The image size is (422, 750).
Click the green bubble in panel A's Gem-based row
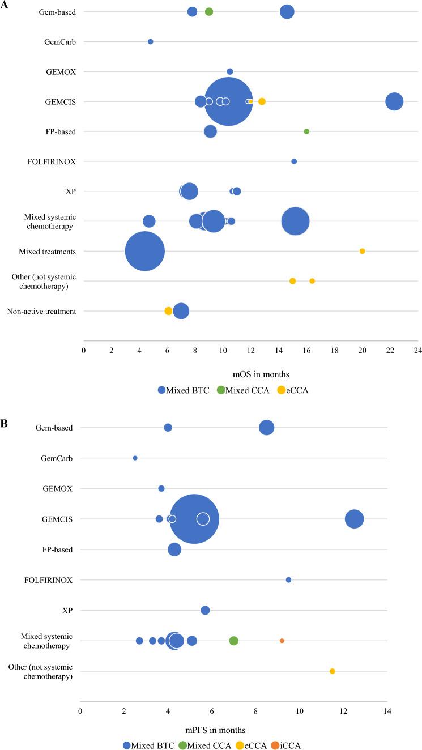(x=209, y=12)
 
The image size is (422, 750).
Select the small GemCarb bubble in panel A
(x=150, y=41)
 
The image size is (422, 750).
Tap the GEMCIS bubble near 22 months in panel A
(x=394, y=101)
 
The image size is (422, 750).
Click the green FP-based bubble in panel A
(x=306, y=131)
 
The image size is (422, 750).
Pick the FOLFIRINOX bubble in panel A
(x=294, y=161)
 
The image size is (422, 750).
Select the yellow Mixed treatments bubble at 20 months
(x=363, y=251)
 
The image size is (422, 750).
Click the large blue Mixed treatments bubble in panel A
(x=145, y=251)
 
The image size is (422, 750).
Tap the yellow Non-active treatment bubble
(x=168, y=311)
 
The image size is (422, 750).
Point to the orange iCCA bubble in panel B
(x=282, y=641)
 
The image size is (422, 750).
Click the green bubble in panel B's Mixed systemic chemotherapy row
(x=233, y=641)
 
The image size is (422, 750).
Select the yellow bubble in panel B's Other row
(x=333, y=671)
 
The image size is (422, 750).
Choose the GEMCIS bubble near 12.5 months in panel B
(x=354, y=519)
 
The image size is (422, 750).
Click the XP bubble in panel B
(x=205, y=610)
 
